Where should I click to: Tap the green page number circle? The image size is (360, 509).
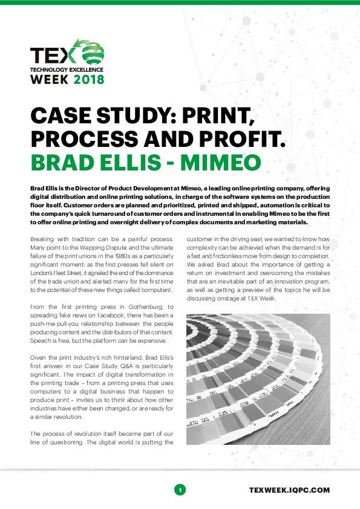pyautogui.click(x=180, y=489)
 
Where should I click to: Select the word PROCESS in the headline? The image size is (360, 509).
pyautogui.click(x=75, y=138)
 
